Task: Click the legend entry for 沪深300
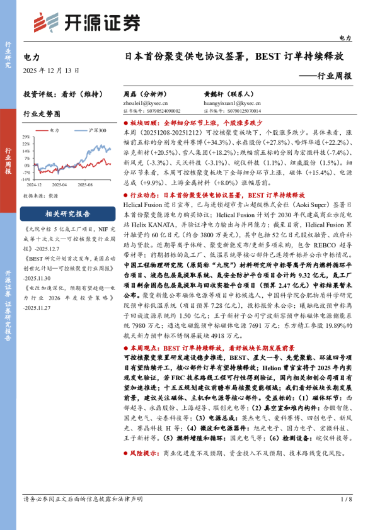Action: [x=95, y=130]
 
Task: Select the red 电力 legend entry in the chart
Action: [x=52, y=130]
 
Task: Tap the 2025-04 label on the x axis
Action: [x=60, y=184]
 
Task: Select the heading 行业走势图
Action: [x=42, y=115]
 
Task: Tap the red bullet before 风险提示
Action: [x=126, y=453]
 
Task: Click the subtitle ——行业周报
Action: [x=325, y=76]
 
